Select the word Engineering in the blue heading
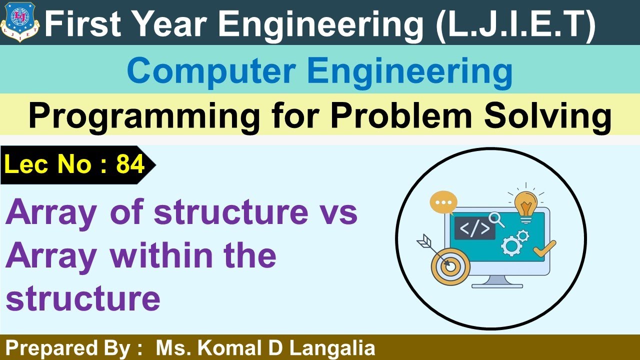pyautogui.click(x=410, y=71)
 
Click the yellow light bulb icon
pyautogui.click(x=525, y=204)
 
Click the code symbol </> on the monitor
pyautogui.click(x=474, y=228)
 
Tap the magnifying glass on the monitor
pyautogui.click(x=496, y=218)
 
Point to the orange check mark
pyautogui.click(x=544, y=248)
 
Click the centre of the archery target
pyautogui.click(x=450, y=266)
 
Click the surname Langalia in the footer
pyautogui.click(x=332, y=348)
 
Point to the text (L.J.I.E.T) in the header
pyautogui.click(x=515, y=23)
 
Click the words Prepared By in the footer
pyautogui.click(x=70, y=348)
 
